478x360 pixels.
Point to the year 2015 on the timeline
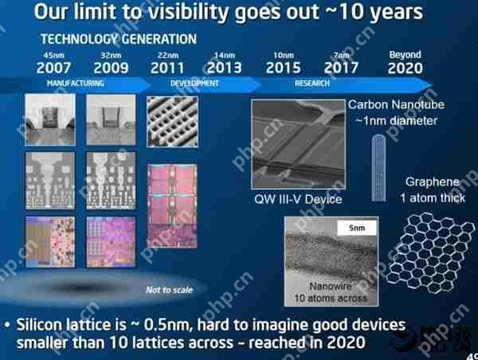click(282, 68)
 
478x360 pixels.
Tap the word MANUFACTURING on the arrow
click(76, 83)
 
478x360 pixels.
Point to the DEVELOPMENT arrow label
click(194, 83)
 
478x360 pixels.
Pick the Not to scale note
click(165, 290)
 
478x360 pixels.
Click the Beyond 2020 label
click(405, 63)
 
